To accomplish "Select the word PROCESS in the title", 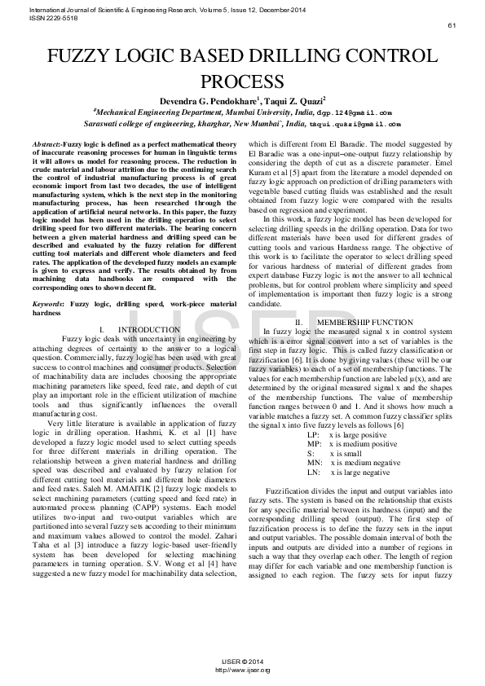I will coord(242,81).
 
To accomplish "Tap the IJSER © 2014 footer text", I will coord(242,661).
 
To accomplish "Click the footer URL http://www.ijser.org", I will coord(242,670).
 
